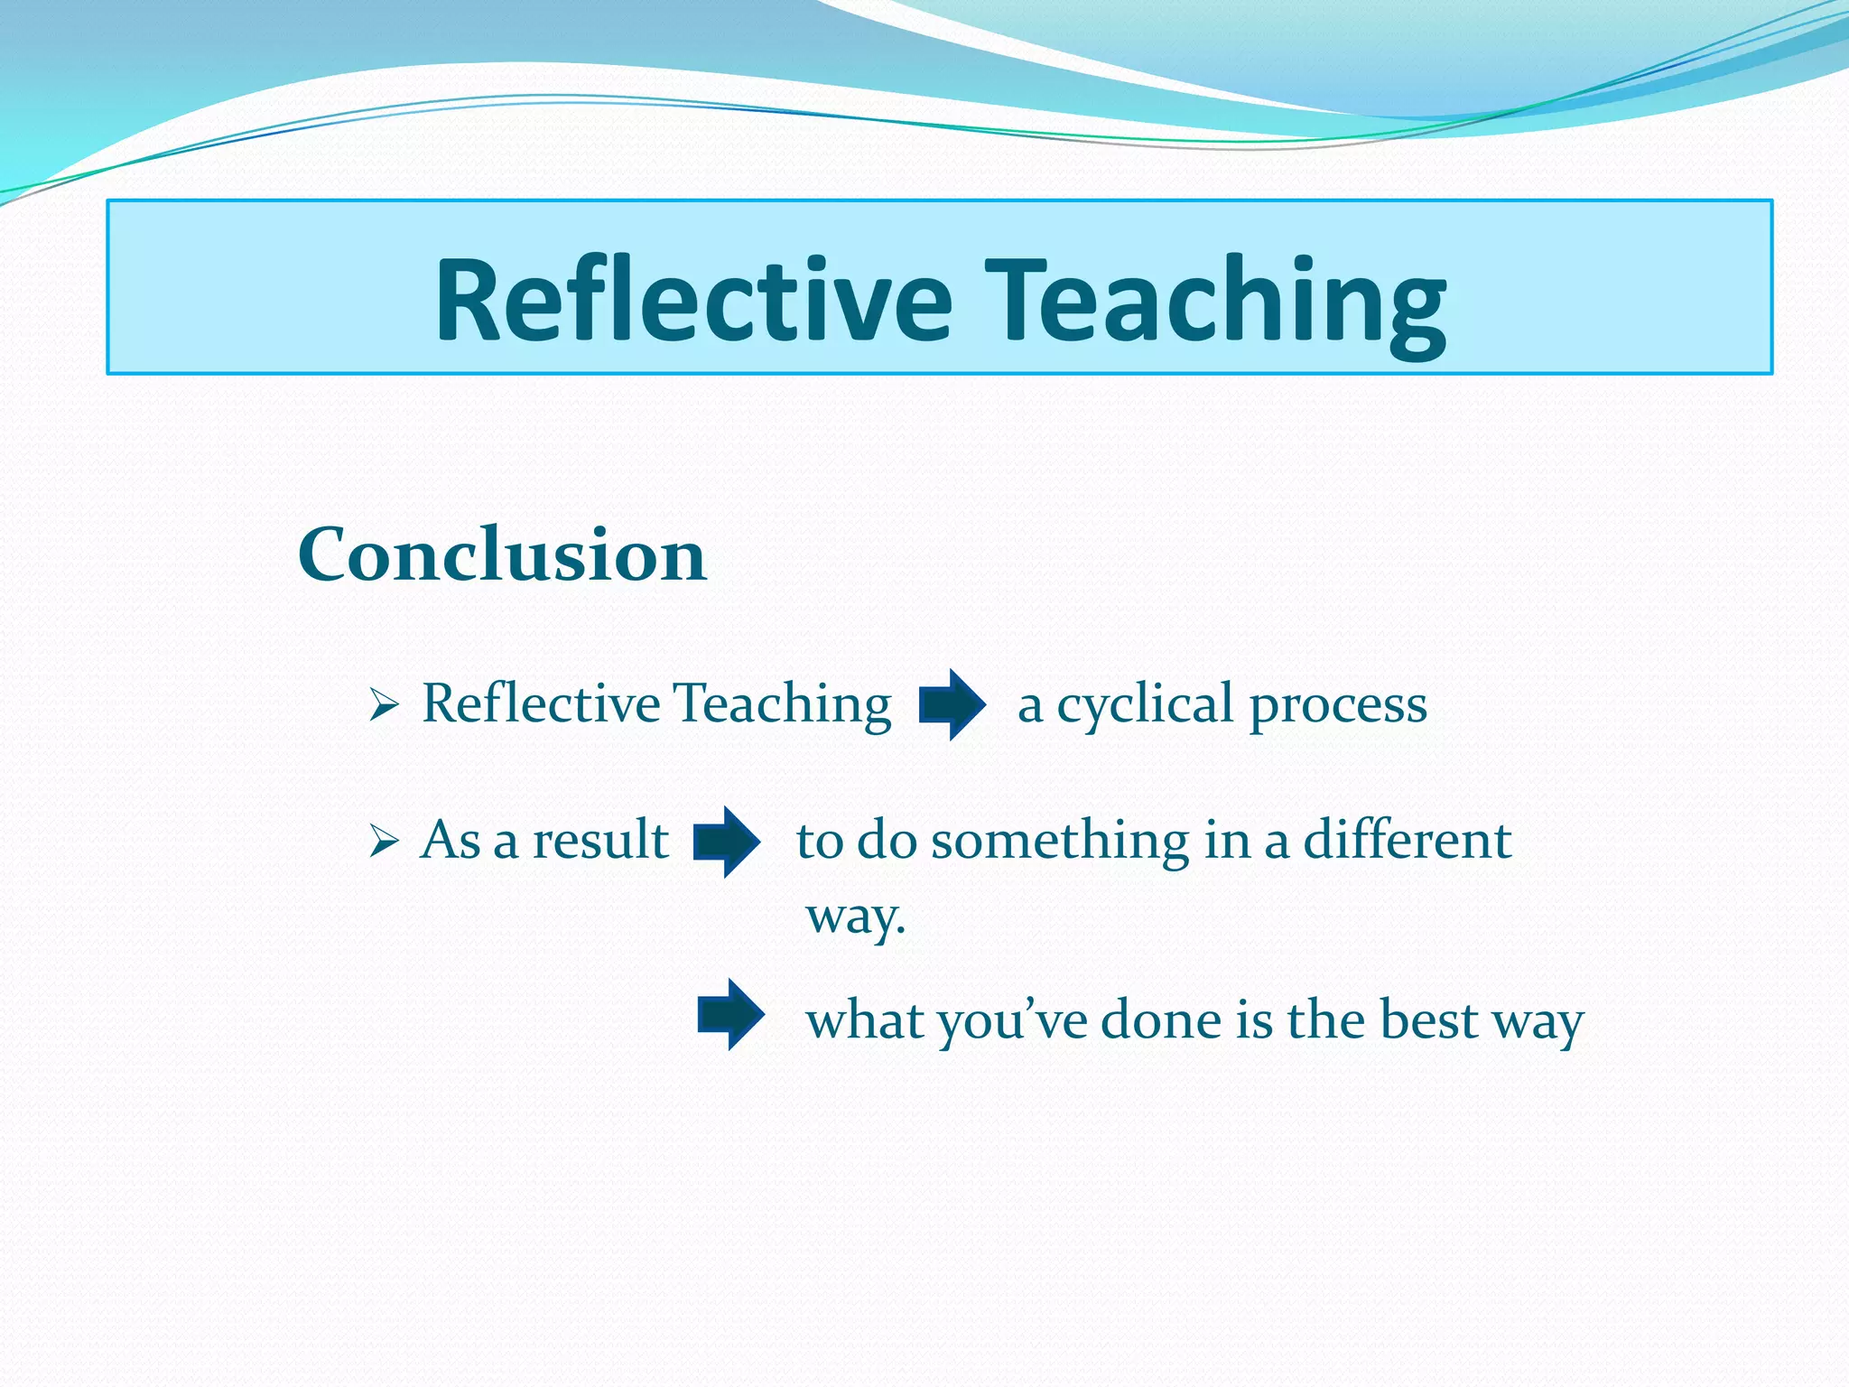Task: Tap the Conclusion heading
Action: (502, 554)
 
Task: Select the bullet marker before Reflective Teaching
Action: (384, 705)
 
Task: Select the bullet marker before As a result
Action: (384, 842)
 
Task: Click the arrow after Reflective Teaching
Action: (952, 704)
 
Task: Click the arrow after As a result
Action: (726, 842)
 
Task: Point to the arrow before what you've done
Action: (730, 1014)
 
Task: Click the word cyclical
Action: (1145, 704)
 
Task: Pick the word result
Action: (600, 840)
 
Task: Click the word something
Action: (1060, 840)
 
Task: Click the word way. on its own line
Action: (855, 917)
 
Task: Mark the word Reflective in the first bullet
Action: (541, 703)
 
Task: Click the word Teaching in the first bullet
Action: (783, 705)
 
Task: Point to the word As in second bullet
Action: (451, 840)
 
